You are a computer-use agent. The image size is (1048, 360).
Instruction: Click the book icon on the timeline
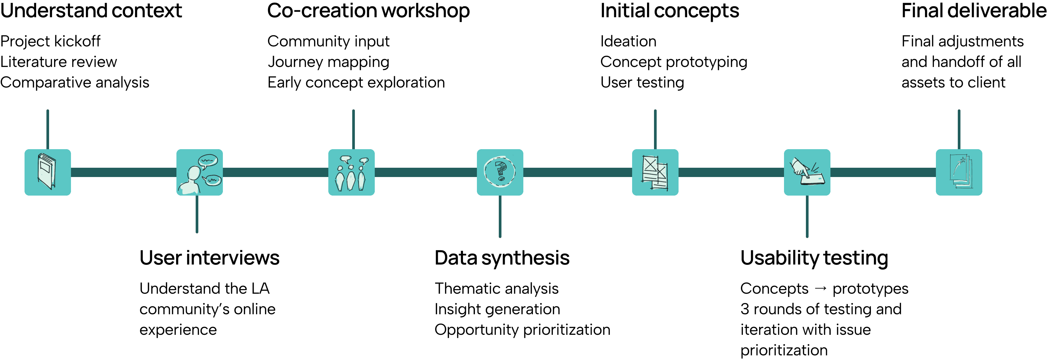tap(48, 172)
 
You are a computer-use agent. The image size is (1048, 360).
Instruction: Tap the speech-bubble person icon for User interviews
tap(199, 172)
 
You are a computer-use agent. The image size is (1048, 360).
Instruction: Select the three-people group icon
tap(352, 172)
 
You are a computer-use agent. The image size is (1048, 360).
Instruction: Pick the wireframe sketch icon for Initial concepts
tap(655, 172)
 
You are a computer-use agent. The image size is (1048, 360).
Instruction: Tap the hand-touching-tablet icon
tap(807, 172)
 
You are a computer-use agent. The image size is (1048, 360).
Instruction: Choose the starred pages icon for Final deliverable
tap(959, 172)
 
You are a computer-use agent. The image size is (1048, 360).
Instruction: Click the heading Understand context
tap(91, 11)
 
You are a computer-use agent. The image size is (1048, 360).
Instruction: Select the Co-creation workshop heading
tap(368, 11)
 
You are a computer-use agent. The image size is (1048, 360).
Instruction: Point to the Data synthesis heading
tap(502, 258)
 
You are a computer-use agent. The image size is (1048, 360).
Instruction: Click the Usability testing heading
tap(814, 258)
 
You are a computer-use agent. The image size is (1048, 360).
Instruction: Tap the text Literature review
tap(59, 62)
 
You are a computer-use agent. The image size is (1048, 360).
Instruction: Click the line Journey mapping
tap(328, 62)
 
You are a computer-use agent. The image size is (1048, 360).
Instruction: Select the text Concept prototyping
tap(674, 62)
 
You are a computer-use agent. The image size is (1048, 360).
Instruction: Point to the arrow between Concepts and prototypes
tap(820, 288)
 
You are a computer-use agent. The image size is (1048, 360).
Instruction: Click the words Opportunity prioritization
tap(522, 330)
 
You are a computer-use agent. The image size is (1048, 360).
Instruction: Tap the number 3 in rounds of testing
tap(745, 309)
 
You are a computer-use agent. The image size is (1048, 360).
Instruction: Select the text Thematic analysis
tap(496, 288)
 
